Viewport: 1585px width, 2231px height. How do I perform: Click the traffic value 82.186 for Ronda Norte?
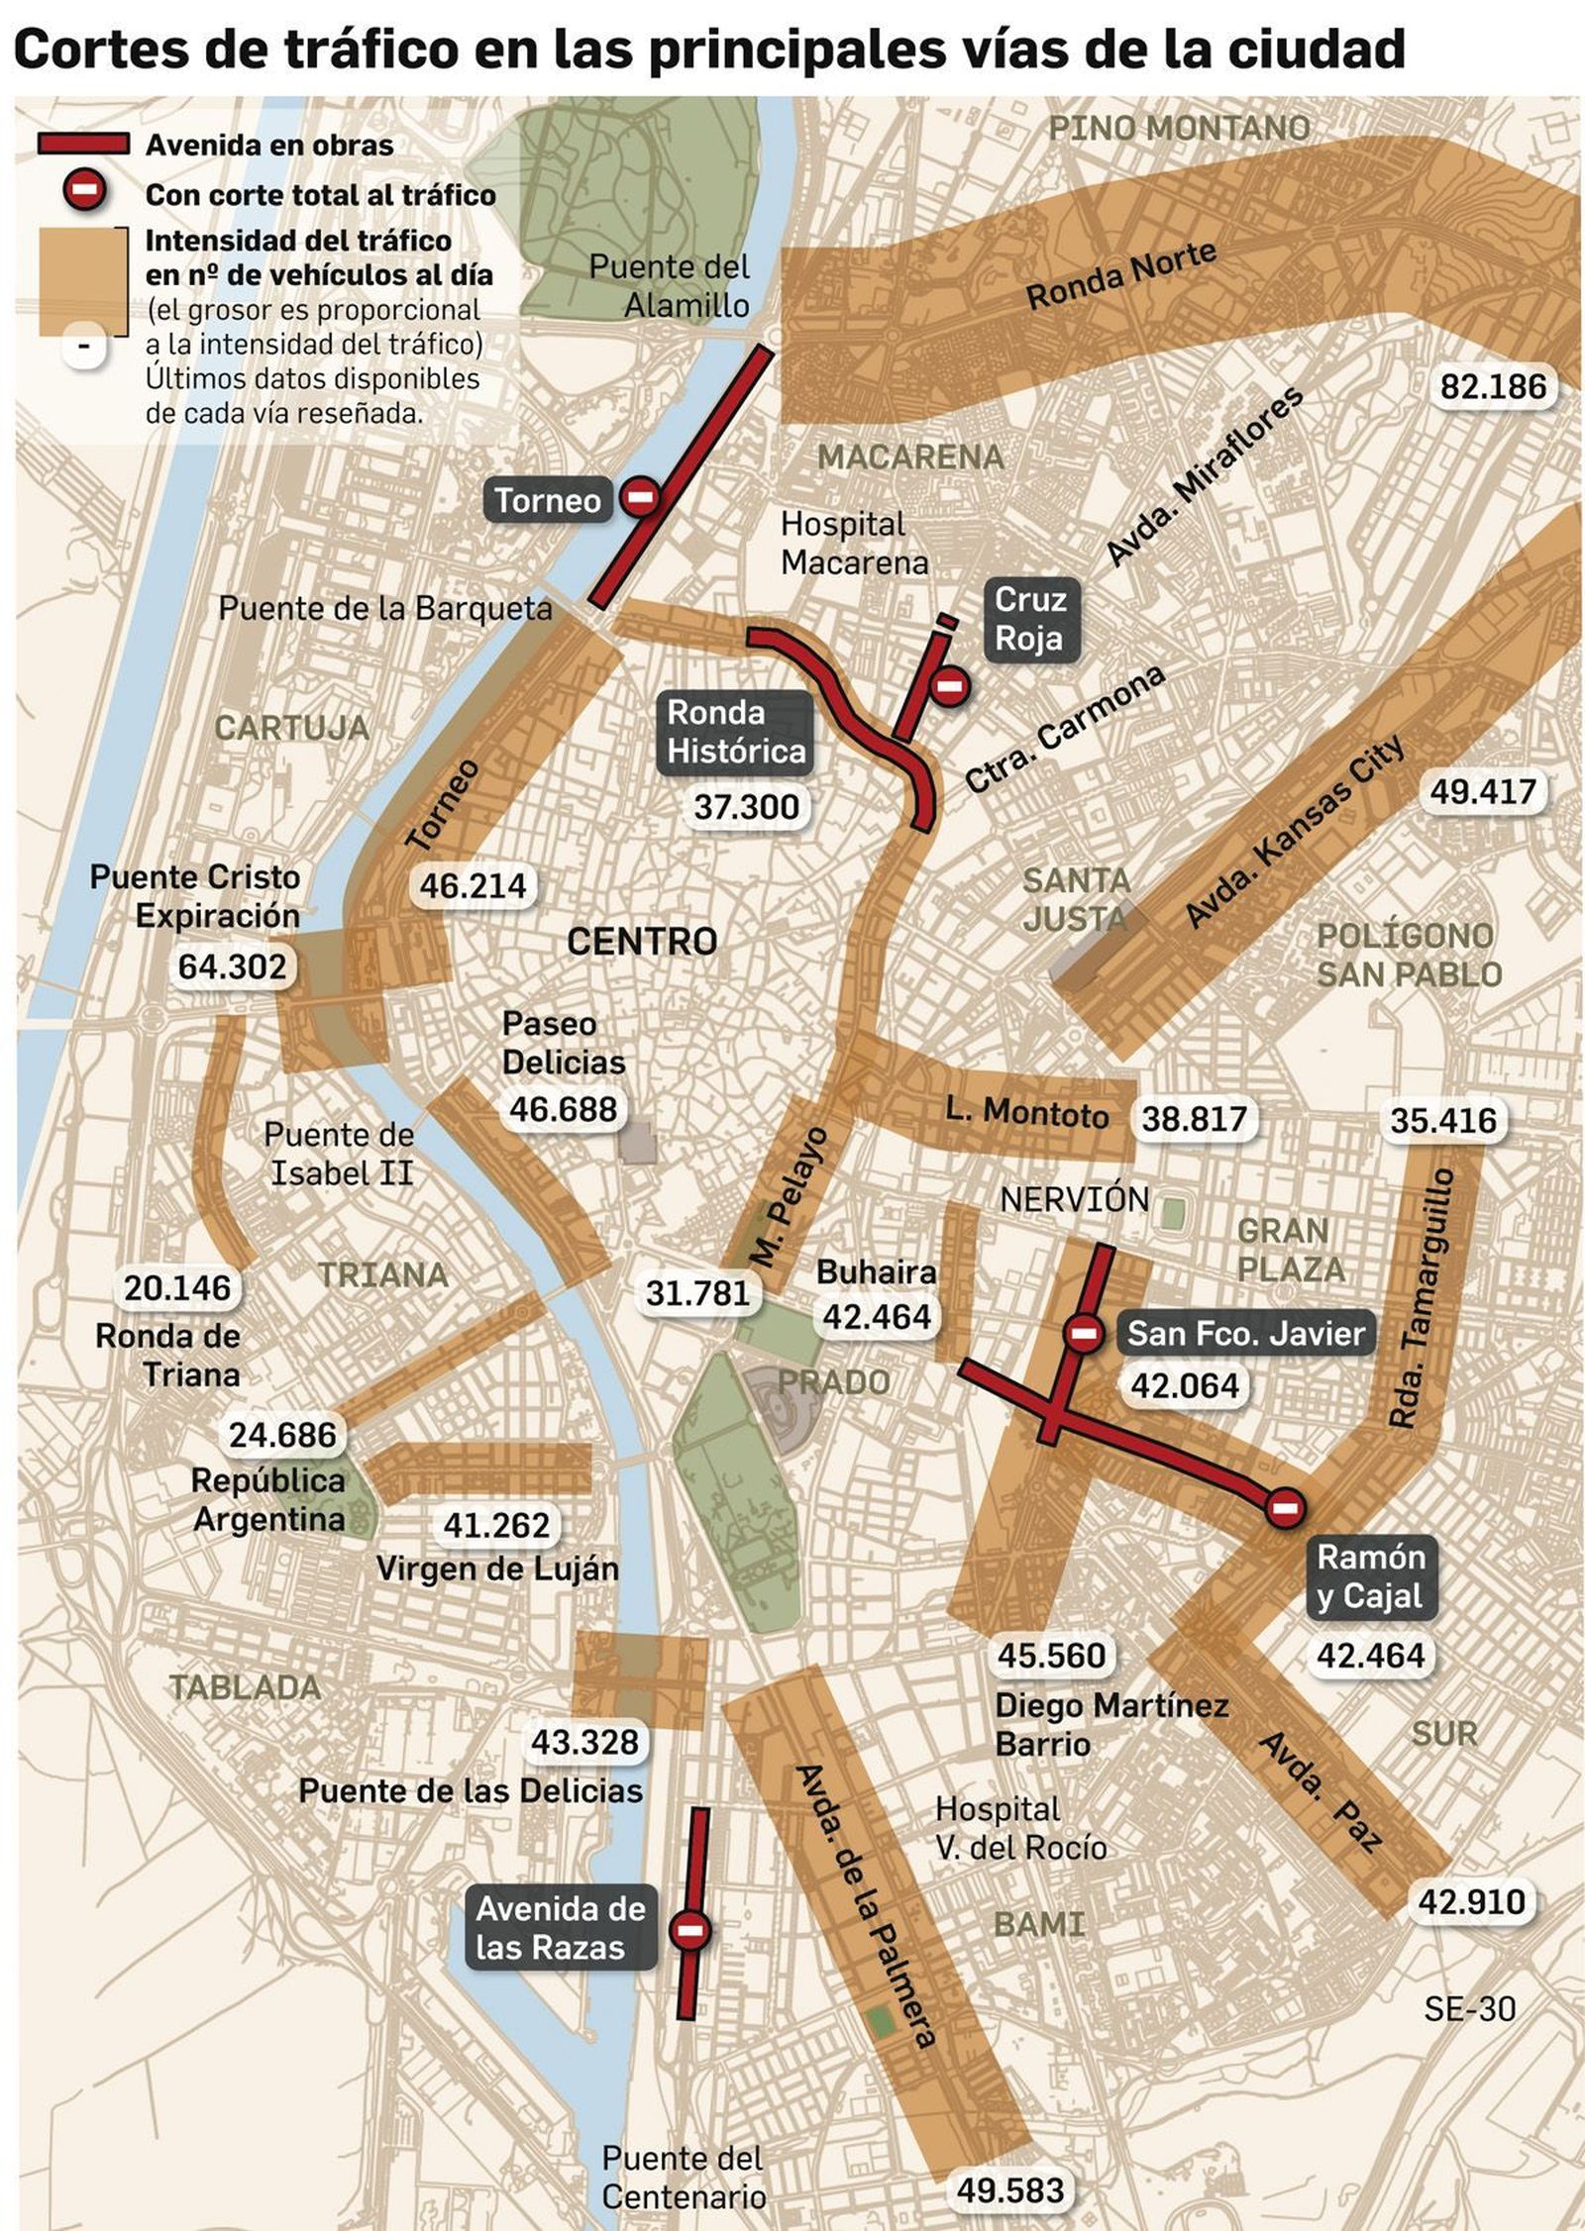1492,386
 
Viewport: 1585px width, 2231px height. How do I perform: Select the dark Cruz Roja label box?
1029,619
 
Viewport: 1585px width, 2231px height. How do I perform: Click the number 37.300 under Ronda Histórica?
746,807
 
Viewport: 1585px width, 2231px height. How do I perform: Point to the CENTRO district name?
642,941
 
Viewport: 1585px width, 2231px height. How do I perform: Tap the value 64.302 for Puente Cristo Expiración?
232,965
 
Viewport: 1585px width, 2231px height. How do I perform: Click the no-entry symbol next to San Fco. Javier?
1084,1333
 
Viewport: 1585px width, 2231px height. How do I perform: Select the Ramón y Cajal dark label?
1370,1576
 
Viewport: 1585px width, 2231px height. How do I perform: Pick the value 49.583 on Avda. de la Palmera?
1009,2190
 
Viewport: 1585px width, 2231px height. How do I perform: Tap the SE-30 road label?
1469,2008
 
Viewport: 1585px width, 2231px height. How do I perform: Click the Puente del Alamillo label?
670,285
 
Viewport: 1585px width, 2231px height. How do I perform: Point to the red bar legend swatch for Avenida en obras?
83,145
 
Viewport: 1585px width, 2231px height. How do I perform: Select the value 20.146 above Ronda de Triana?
177,1287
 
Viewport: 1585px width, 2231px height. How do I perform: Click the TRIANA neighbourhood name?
383,1274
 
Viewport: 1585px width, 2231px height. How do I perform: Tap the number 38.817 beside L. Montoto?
1194,1119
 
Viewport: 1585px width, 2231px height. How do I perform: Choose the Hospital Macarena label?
854,543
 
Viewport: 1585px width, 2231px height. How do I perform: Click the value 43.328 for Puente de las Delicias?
584,1741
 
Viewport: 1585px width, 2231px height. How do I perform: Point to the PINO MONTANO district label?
1179,128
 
